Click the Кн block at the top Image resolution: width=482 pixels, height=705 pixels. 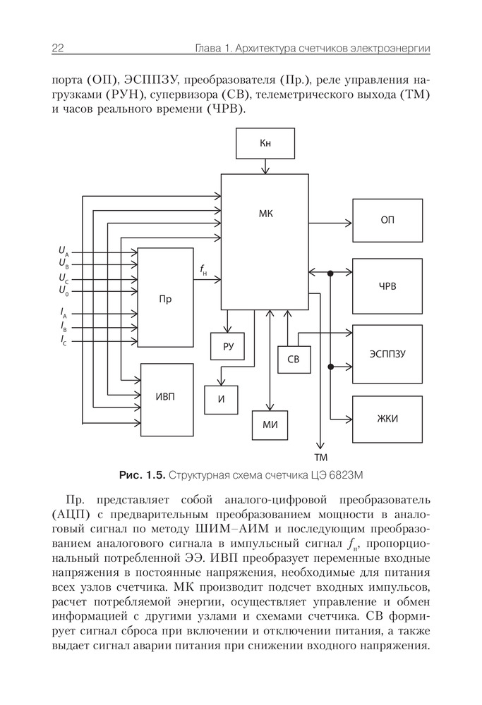pyautogui.click(x=265, y=143)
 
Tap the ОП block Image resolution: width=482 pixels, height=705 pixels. pyautogui.click(x=387, y=220)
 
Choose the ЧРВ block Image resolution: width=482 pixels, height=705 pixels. pyautogui.click(x=387, y=286)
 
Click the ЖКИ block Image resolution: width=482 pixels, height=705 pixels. pyautogui.click(x=387, y=419)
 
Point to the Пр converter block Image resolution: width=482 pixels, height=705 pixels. pyautogui.click(x=165, y=298)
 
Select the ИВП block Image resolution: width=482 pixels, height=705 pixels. pyautogui.click(x=167, y=399)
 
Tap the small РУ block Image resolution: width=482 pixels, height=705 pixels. pyautogui.click(x=227, y=346)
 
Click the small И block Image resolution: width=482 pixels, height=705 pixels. pyautogui.click(x=221, y=400)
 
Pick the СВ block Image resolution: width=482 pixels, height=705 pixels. pyautogui.click(x=294, y=360)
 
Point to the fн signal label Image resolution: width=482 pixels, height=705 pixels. pyautogui.click(x=203, y=269)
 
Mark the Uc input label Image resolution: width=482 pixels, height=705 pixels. pyautogui.click(x=64, y=278)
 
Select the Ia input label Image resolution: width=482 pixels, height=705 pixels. pyautogui.click(x=64, y=312)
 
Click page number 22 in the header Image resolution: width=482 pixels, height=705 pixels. pyautogui.click(x=59, y=49)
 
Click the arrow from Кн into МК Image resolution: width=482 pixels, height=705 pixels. pyautogui.click(x=265, y=167)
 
